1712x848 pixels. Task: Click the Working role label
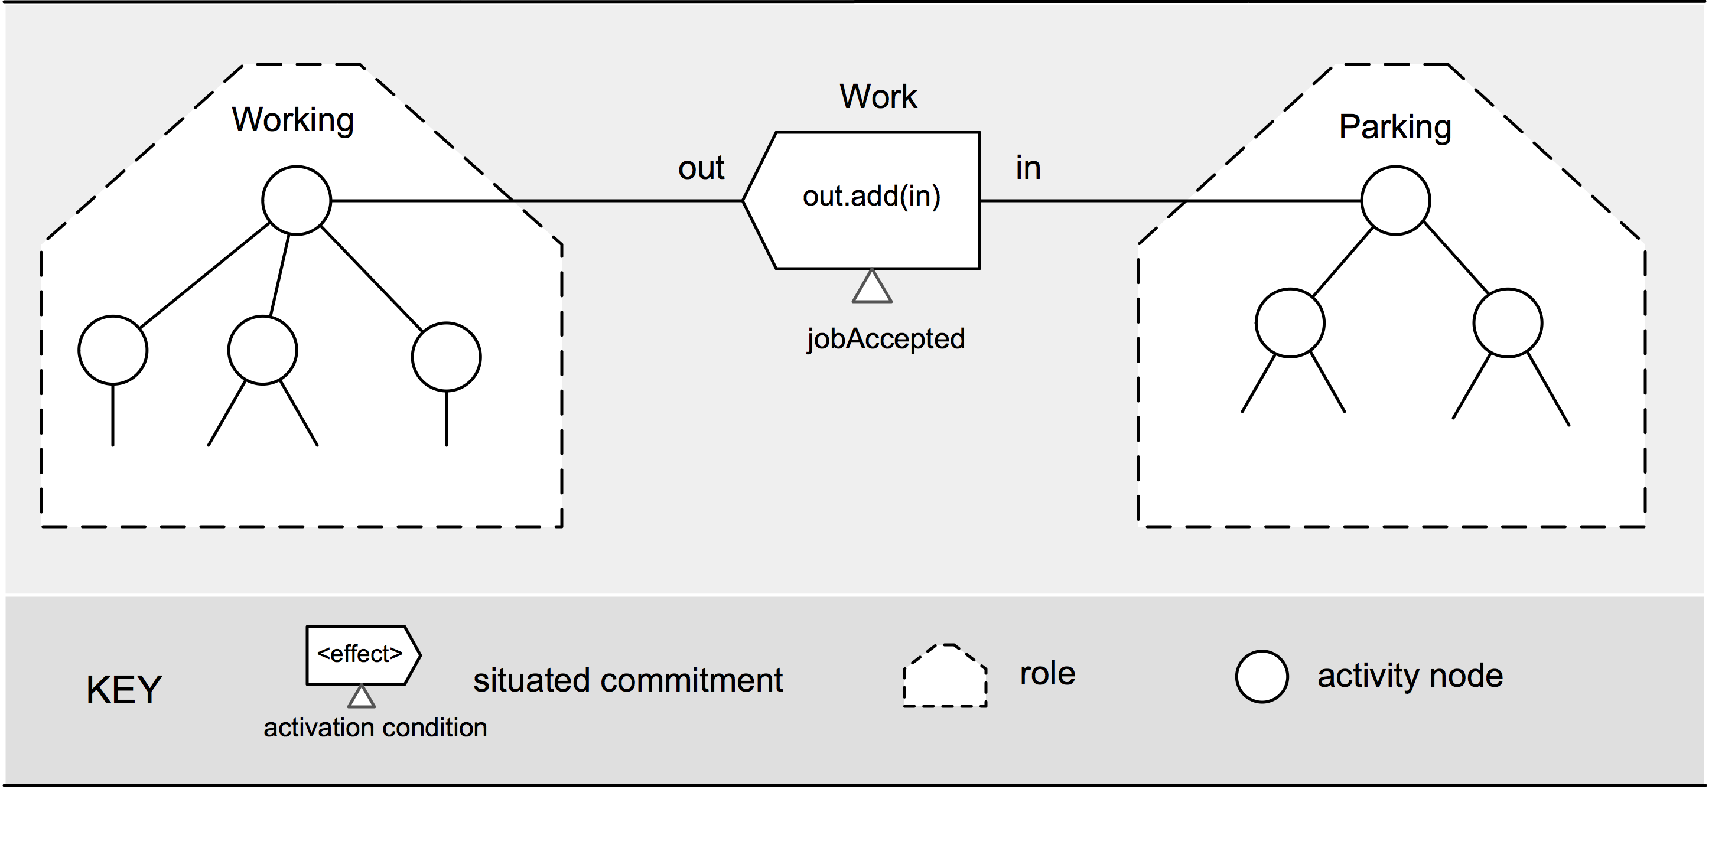pyautogui.click(x=292, y=120)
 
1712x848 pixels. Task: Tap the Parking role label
pyautogui.click(x=1395, y=127)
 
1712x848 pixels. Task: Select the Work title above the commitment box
pyautogui.click(x=878, y=96)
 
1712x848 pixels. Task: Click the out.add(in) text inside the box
pyautogui.click(x=871, y=196)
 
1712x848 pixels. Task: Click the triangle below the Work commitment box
pyautogui.click(x=872, y=286)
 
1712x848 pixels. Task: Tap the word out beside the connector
pyautogui.click(x=701, y=168)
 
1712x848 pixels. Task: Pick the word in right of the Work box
pyautogui.click(x=1027, y=168)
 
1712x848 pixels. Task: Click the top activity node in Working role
pyautogui.click(x=297, y=200)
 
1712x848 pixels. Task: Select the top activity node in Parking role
pyautogui.click(x=1395, y=200)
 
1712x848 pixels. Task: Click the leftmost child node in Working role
pyautogui.click(x=113, y=350)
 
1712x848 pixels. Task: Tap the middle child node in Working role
pyautogui.click(x=262, y=350)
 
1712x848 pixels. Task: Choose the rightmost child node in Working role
pyautogui.click(x=447, y=357)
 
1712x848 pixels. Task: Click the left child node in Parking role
pyautogui.click(x=1290, y=323)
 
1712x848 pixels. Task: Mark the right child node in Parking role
pyautogui.click(x=1508, y=323)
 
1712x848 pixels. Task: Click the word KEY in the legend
pyautogui.click(x=123, y=690)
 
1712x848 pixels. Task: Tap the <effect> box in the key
pyautogui.click(x=363, y=655)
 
